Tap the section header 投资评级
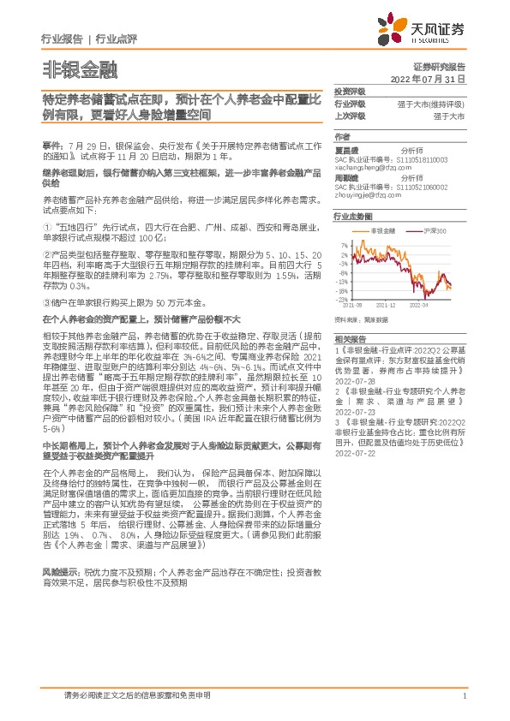click(x=349, y=91)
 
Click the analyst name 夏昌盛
click(x=346, y=148)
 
